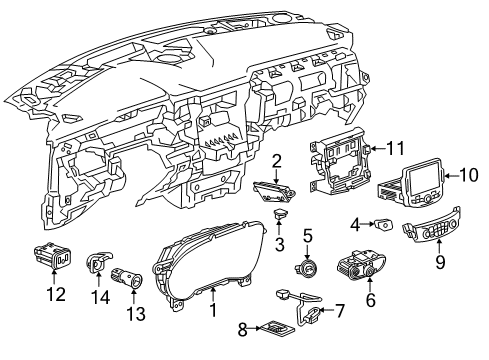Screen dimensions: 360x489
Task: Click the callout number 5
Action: (x=308, y=237)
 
